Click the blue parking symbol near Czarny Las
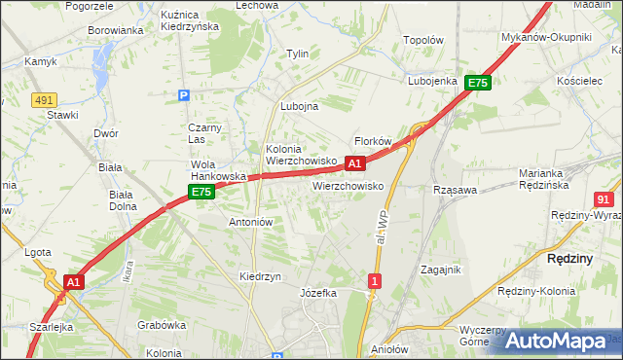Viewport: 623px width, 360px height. pos(183,95)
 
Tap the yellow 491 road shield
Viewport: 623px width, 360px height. pos(42,99)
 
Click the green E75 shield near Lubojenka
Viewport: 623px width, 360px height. pos(477,84)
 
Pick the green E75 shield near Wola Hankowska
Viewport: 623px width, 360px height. pos(202,193)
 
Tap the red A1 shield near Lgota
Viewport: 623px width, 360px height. pos(71,282)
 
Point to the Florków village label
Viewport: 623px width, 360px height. pos(373,141)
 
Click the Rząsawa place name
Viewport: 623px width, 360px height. pos(455,190)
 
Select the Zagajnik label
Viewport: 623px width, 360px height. pos(441,270)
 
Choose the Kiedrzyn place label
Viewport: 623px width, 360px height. pos(260,276)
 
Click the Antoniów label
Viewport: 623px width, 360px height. pos(250,222)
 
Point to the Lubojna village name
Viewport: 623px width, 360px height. pos(299,107)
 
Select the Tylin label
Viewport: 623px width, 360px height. pos(297,54)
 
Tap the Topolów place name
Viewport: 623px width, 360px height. pos(423,41)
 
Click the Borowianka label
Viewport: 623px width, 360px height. pos(116,30)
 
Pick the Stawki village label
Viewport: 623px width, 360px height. pos(62,115)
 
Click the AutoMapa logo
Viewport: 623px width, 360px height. pos(556,341)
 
